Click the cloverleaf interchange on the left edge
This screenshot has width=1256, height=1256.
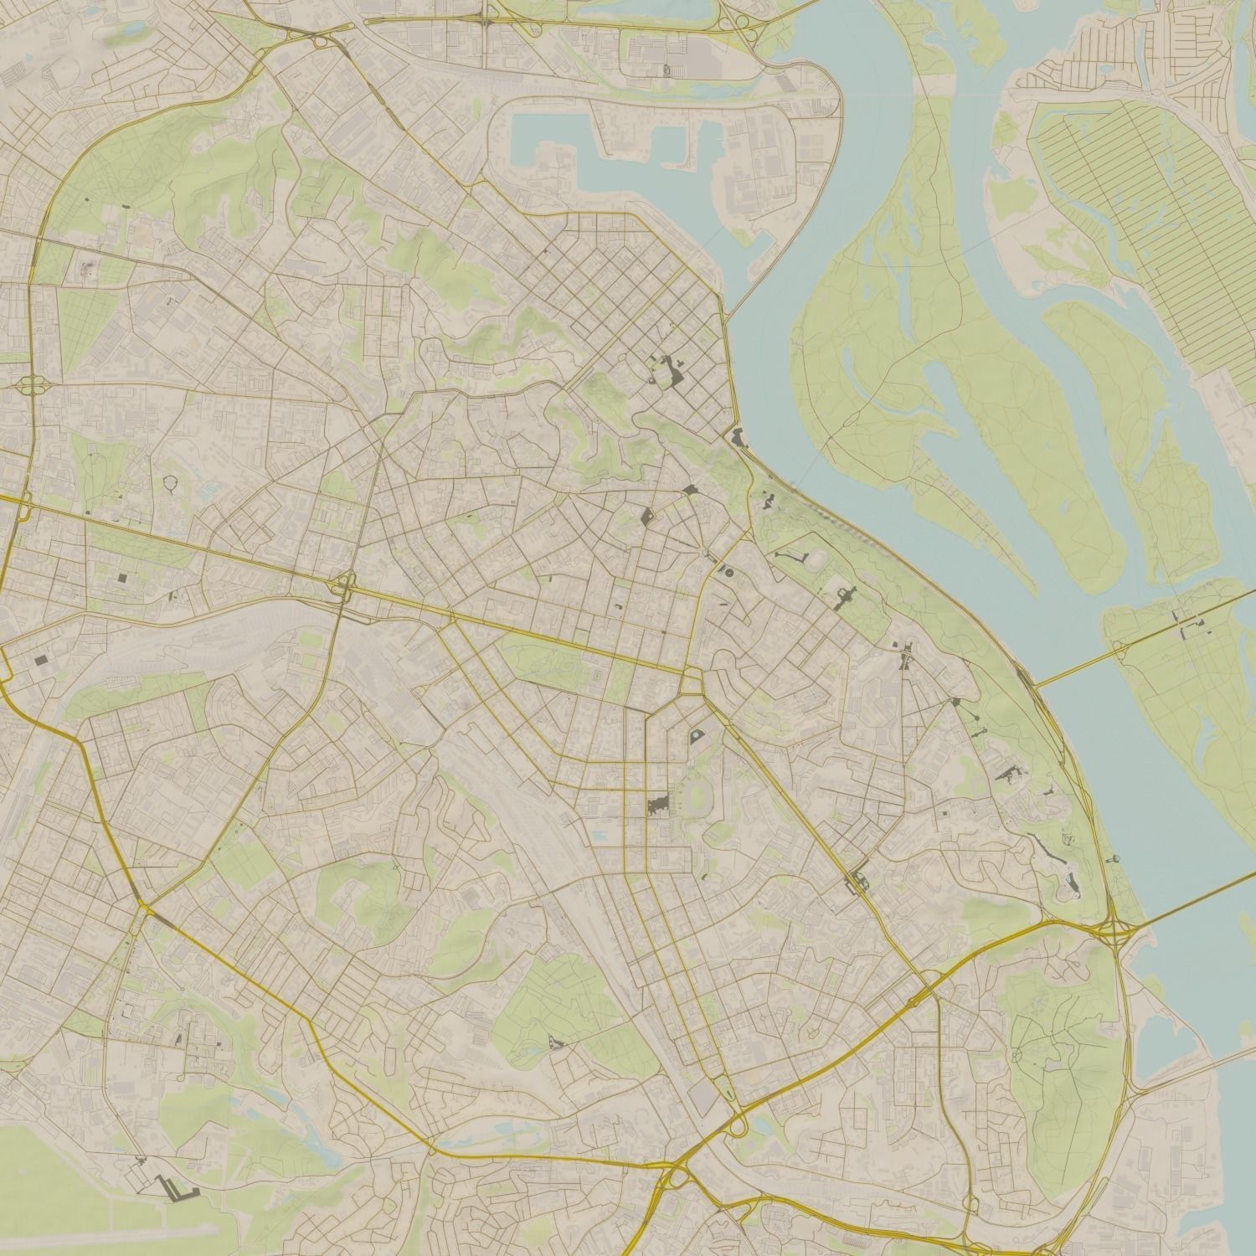point(32,386)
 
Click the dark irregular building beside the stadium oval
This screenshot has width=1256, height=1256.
point(660,806)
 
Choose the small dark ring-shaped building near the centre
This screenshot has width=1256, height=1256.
point(728,573)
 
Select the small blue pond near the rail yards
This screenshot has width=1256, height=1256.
point(600,835)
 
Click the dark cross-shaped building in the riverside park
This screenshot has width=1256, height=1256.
point(844,596)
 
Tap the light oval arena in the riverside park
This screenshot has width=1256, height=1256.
point(820,557)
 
